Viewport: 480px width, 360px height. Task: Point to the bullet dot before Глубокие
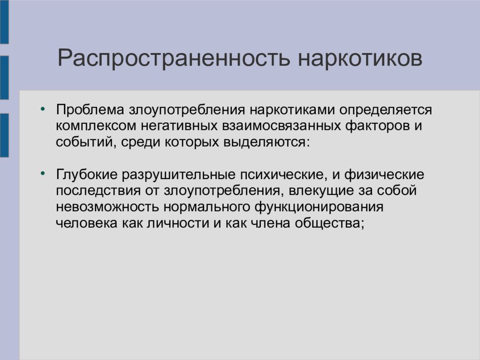(x=42, y=174)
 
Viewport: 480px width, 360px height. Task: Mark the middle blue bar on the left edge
(x=4, y=78)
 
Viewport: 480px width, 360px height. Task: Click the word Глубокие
(x=87, y=175)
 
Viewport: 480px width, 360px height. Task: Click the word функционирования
(x=319, y=207)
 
